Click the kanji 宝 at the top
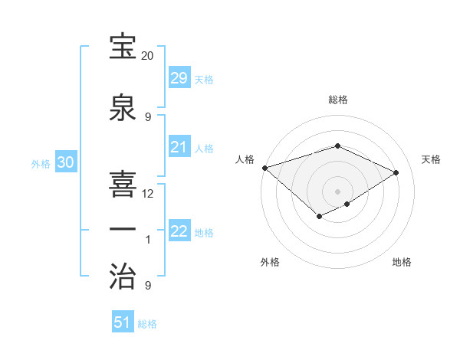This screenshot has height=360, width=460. pyautogui.click(x=123, y=47)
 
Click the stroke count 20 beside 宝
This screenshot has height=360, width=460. pyautogui.click(x=147, y=56)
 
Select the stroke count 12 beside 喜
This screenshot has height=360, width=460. pyautogui.click(x=148, y=194)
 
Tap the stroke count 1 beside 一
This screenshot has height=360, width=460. pyautogui.click(x=148, y=240)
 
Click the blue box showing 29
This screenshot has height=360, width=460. pyautogui.click(x=179, y=78)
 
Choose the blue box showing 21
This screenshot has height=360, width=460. pyautogui.click(x=179, y=147)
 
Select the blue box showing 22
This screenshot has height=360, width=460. pyautogui.click(x=179, y=231)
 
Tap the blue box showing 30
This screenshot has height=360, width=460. pyautogui.click(x=65, y=162)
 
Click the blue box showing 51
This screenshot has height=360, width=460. pyautogui.click(x=123, y=322)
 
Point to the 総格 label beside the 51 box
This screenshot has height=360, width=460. pyautogui.click(x=147, y=324)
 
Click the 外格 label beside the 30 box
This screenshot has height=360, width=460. pyautogui.click(x=41, y=163)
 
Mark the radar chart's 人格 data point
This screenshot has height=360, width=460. pyautogui.click(x=264, y=168)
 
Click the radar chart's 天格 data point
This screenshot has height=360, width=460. pyautogui.click(x=396, y=172)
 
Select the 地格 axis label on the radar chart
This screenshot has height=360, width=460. pyautogui.click(x=402, y=263)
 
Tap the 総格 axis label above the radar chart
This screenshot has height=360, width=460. pyautogui.click(x=337, y=100)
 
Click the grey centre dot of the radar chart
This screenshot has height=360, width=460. pyautogui.click(x=337, y=191)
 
